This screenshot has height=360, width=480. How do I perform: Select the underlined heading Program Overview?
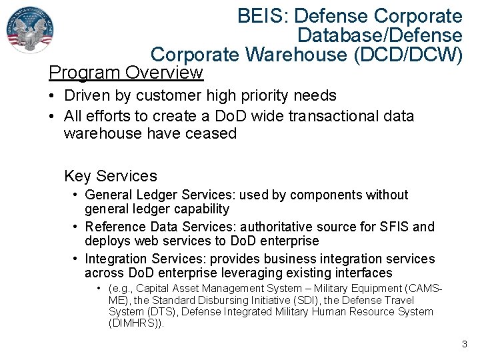coord(126,71)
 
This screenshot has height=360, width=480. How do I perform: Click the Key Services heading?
coord(111,176)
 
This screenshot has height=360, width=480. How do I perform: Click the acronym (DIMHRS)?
coord(135,324)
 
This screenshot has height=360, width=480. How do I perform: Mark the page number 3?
coord(464,345)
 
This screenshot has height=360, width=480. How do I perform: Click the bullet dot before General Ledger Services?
coord(77,195)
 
